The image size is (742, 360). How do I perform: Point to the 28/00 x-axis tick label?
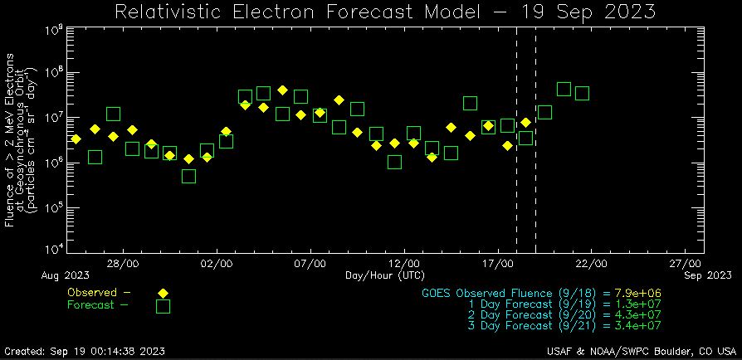(124, 263)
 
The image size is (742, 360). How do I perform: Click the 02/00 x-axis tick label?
(217, 263)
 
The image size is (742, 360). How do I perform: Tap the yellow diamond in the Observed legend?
(163, 293)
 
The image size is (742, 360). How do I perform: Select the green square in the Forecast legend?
(163, 306)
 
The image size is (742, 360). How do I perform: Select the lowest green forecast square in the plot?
(188, 176)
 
